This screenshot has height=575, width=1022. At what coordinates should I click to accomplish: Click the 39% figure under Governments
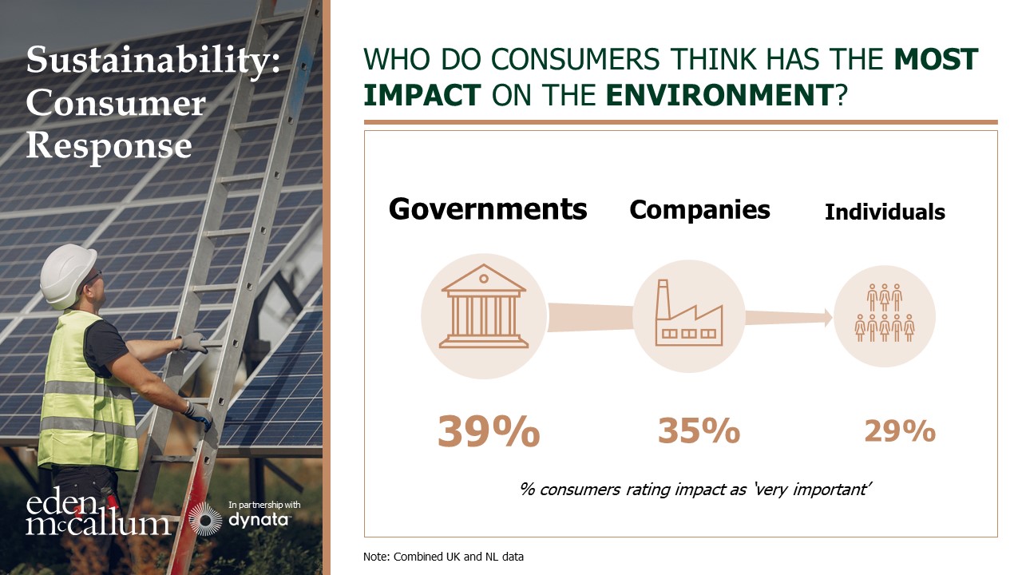pos(488,432)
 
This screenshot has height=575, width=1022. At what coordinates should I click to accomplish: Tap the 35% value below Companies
pos(699,431)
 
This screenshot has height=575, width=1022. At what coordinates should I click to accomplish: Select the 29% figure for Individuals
pos(899,431)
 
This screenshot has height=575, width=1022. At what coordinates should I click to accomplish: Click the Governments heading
pos(488,209)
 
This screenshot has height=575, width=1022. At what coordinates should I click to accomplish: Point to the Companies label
pos(699,209)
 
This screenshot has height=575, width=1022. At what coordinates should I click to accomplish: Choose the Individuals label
pos(885,212)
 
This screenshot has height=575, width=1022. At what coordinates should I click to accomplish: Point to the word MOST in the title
pos(936,60)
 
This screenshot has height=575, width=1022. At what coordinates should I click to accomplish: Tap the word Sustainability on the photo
pos(153,61)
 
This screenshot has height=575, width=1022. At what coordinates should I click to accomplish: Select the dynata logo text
pos(259,520)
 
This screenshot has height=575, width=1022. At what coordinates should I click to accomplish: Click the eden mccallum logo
pos(97,514)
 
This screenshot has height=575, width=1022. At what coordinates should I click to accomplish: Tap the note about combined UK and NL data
pos(443,556)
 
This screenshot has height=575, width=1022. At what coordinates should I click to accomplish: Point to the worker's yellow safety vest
pos(85,391)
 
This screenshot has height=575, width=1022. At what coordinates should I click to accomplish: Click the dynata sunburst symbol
pos(206,519)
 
